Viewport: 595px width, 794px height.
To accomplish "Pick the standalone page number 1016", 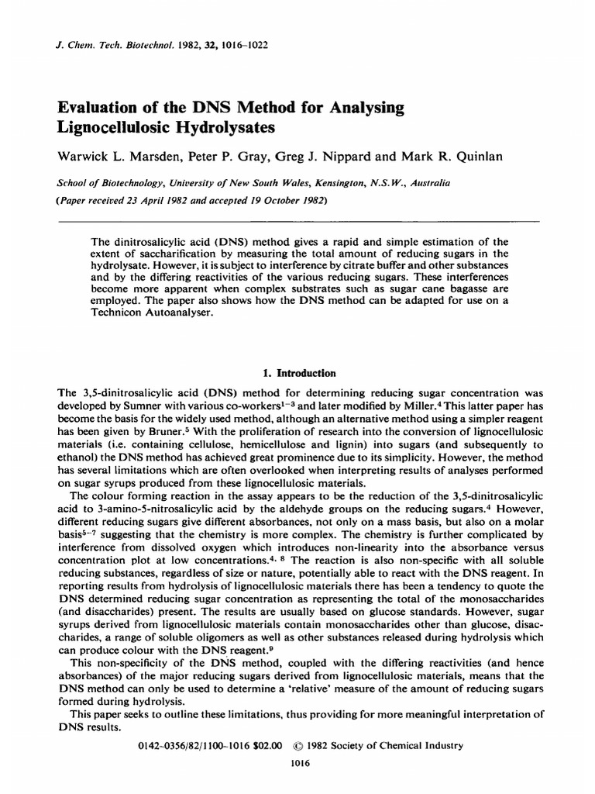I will (298, 763).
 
